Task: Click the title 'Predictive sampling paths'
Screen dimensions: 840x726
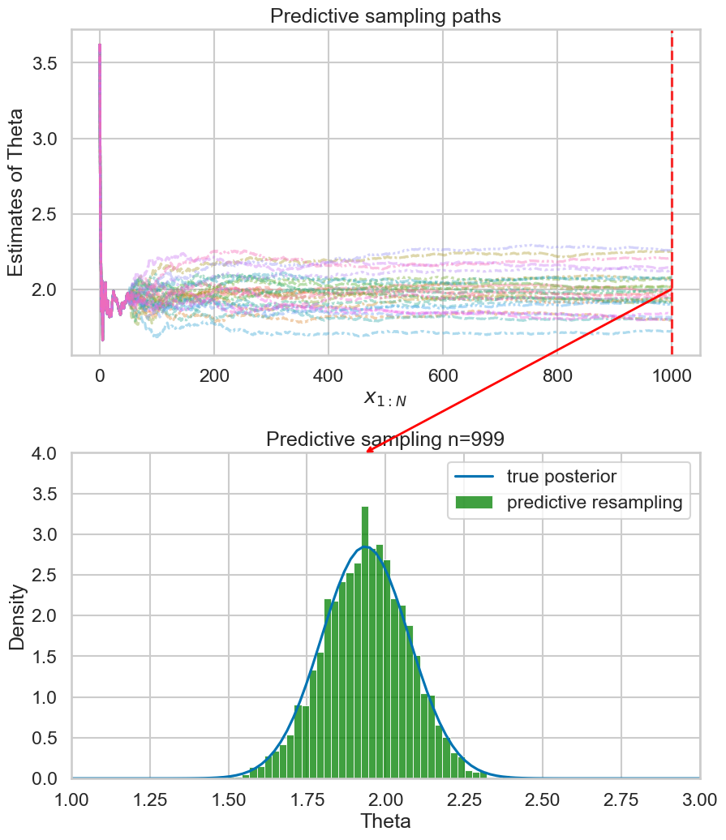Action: coord(385,15)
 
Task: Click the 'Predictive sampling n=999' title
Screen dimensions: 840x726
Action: coord(385,439)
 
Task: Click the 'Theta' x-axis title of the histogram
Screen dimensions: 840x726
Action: coord(385,821)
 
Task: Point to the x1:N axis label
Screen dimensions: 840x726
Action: coord(385,397)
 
